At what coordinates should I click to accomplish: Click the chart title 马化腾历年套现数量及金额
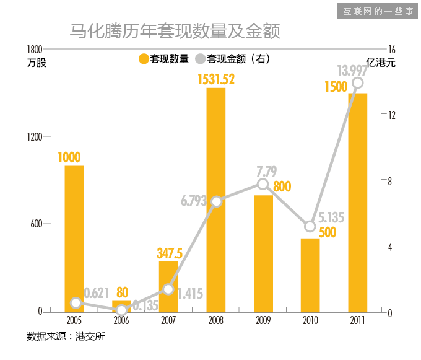(x=175, y=31)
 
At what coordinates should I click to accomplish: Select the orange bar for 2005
(x=74, y=239)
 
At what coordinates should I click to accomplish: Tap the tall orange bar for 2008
(x=216, y=200)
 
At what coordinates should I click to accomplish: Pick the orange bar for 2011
(x=357, y=202)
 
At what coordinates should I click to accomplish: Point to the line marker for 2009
(x=263, y=184)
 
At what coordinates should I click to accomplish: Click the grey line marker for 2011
(x=357, y=83)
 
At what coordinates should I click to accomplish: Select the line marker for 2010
(x=310, y=226)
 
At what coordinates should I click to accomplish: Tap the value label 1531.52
(x=216, y=79)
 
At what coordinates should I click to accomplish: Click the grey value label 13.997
(x=352, y=69)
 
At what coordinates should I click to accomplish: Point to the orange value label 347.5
(x=169, y=253)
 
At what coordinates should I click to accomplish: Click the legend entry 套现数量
(x=163, y=59)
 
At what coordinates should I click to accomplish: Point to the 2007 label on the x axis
(x=168, y=320)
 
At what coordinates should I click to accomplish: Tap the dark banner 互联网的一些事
(x=378, y=11)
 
